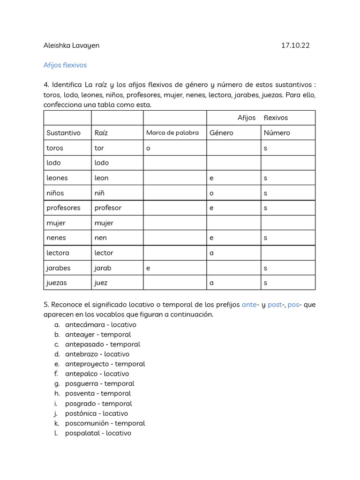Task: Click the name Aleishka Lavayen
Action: pos(71,45)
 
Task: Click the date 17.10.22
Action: pos(295,45)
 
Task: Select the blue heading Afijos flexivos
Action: pos(65,65)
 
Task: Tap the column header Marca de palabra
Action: pos(172,133)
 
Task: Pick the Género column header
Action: pos(221,133)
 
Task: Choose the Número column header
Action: pos(277,133)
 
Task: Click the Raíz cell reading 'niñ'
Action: pos(99,193)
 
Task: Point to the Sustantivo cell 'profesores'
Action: pos(63,208)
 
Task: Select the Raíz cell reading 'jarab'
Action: pos(103,268)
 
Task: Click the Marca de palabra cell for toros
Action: pos(148,148)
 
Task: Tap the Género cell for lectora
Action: pos(212,253)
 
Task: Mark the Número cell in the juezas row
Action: pos(266,283)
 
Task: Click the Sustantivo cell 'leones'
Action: pos(57,178)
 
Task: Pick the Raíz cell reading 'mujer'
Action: pos(104,223)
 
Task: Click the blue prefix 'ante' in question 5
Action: pos(249,305)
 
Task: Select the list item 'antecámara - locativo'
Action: pos(101,324)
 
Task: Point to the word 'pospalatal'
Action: pos(84,433)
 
